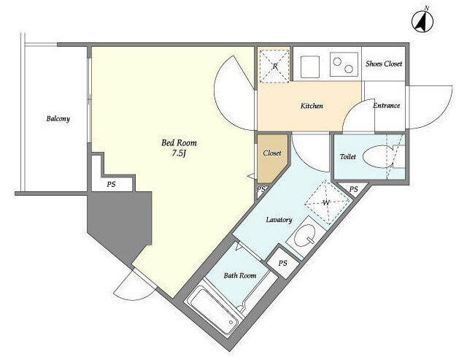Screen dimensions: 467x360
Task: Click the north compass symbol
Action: click(x=422, y=21)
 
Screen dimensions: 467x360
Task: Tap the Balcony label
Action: click(x=58, y=118)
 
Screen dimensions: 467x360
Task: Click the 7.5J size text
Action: click(x=179, y=153)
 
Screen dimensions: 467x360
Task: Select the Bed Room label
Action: click(x=179, y=142)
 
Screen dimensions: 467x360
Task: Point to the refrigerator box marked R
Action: click(x=274, y=66)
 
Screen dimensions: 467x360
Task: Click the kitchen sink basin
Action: click(x=310, y=66)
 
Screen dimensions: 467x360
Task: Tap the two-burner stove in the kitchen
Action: click(x=344, y=64)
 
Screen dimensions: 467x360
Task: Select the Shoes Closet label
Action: click(x=384, y=64)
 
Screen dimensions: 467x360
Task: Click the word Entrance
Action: click(x=386, y=105)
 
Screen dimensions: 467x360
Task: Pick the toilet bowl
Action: click(x=377, y=156)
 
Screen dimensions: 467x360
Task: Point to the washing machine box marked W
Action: click(x=327, y=203)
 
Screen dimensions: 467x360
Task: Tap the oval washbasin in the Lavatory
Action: click(x=304, y=235)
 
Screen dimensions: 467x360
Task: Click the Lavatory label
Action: click(x=279, y=220)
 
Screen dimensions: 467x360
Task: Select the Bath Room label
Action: click(x=240, y=275)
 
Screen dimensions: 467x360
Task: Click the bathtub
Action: click(x=215, y=309)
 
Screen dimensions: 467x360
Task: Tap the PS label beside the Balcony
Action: click(x=111, y=185)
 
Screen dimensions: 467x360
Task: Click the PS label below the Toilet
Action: click(x=353, y=189)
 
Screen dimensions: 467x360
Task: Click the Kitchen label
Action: click(x=312, y=106)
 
